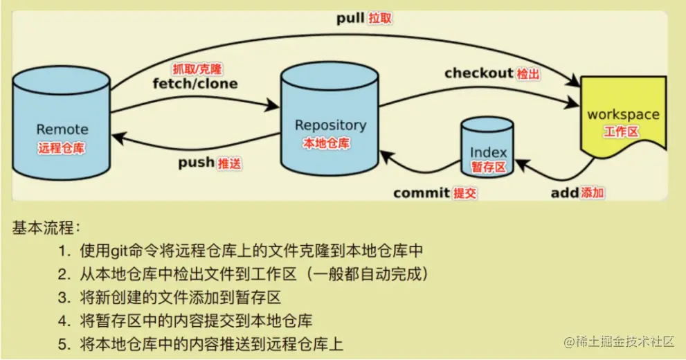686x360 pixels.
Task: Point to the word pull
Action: (351, 19)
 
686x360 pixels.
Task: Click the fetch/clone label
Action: (195, 84)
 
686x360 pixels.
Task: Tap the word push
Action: (196, 163)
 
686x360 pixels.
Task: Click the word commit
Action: (422, 193)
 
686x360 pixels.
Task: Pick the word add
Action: (564, 193)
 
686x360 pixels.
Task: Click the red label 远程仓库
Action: (62, 147)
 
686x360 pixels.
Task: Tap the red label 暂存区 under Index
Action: (489, 167)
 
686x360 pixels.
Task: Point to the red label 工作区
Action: (621, 132)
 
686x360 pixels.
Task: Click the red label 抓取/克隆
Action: (197, 69)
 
